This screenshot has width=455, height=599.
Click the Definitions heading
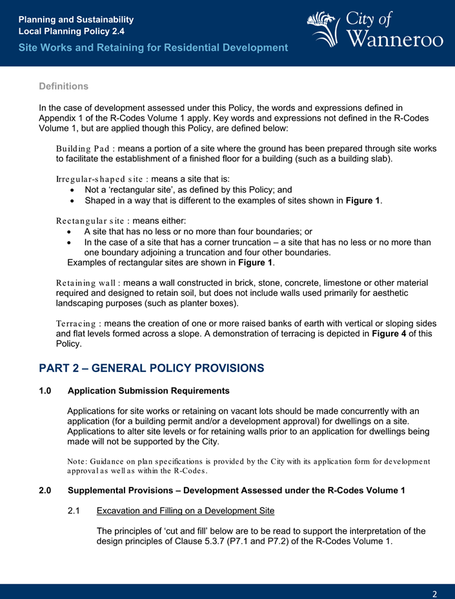click(x=63, y=86)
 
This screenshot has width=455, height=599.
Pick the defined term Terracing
click(x=76, y=323)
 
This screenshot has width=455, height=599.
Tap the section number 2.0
click(x=46, y=491)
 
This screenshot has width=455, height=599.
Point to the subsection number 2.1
click(x=74, y=511)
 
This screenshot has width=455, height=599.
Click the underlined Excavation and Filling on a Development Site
click(x=185, y=511)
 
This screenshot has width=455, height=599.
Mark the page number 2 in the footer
click(x=435, y=593)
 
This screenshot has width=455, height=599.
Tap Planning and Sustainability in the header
click(x=76, y=19)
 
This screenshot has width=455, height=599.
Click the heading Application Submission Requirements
click(x=148, y=391)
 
